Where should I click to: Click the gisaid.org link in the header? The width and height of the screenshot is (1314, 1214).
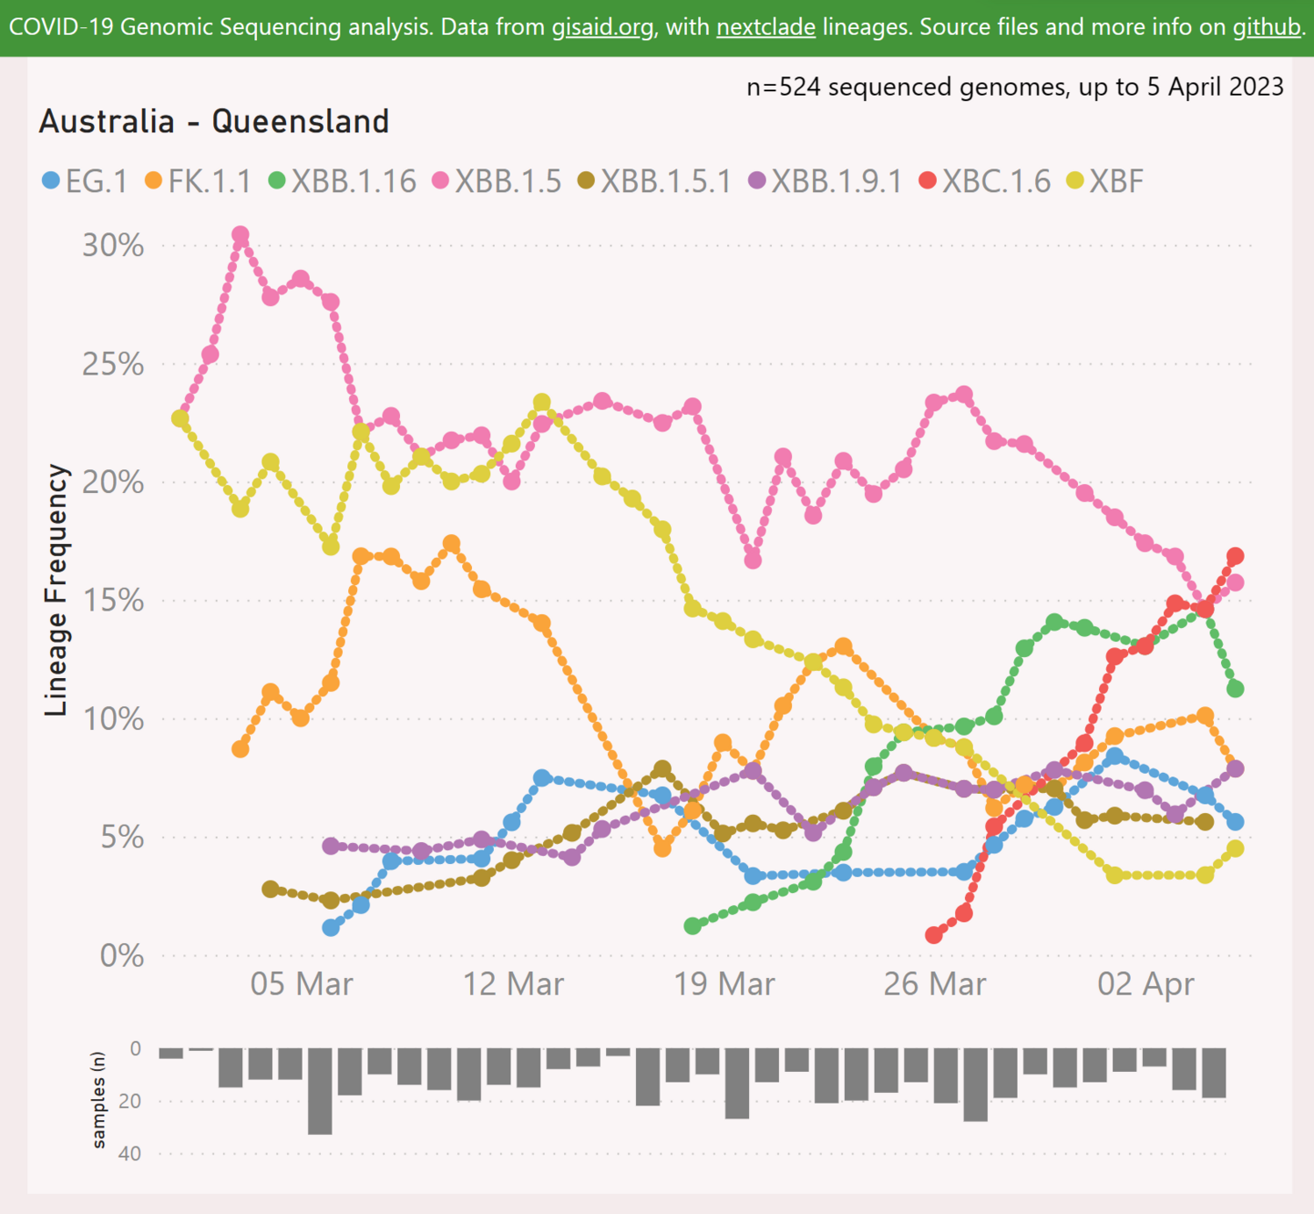[x=602, y=27]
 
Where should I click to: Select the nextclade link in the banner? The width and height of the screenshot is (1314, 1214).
[x=765, y=27]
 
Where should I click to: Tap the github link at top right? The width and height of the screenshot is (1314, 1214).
[x=1266, y=27]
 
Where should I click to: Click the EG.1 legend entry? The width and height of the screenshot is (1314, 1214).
[x=85, y=182]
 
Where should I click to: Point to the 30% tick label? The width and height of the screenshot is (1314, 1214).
[x=113, y=246]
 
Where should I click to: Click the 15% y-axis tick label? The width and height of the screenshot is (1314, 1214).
[x=113, y=601]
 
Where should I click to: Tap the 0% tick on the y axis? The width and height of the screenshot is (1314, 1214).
[x=121, y=955]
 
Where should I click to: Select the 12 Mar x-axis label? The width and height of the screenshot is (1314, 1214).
[x=513, y=984]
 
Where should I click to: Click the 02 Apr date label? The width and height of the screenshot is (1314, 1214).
[x=1146, y=984]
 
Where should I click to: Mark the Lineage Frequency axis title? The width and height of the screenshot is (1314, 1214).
[x=56, y=589]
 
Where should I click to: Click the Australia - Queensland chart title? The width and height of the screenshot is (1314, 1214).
[x=214, y=121]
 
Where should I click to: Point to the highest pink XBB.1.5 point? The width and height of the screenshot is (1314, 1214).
[x=240, y=235]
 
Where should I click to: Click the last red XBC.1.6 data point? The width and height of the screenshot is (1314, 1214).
[x=1235, y=556]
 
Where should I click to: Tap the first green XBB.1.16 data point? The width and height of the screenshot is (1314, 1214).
[x=692, y=925]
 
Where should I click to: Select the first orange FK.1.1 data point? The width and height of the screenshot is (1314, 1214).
[x=240, y=749]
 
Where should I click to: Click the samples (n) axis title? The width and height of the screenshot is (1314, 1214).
[x=98, y=1100]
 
